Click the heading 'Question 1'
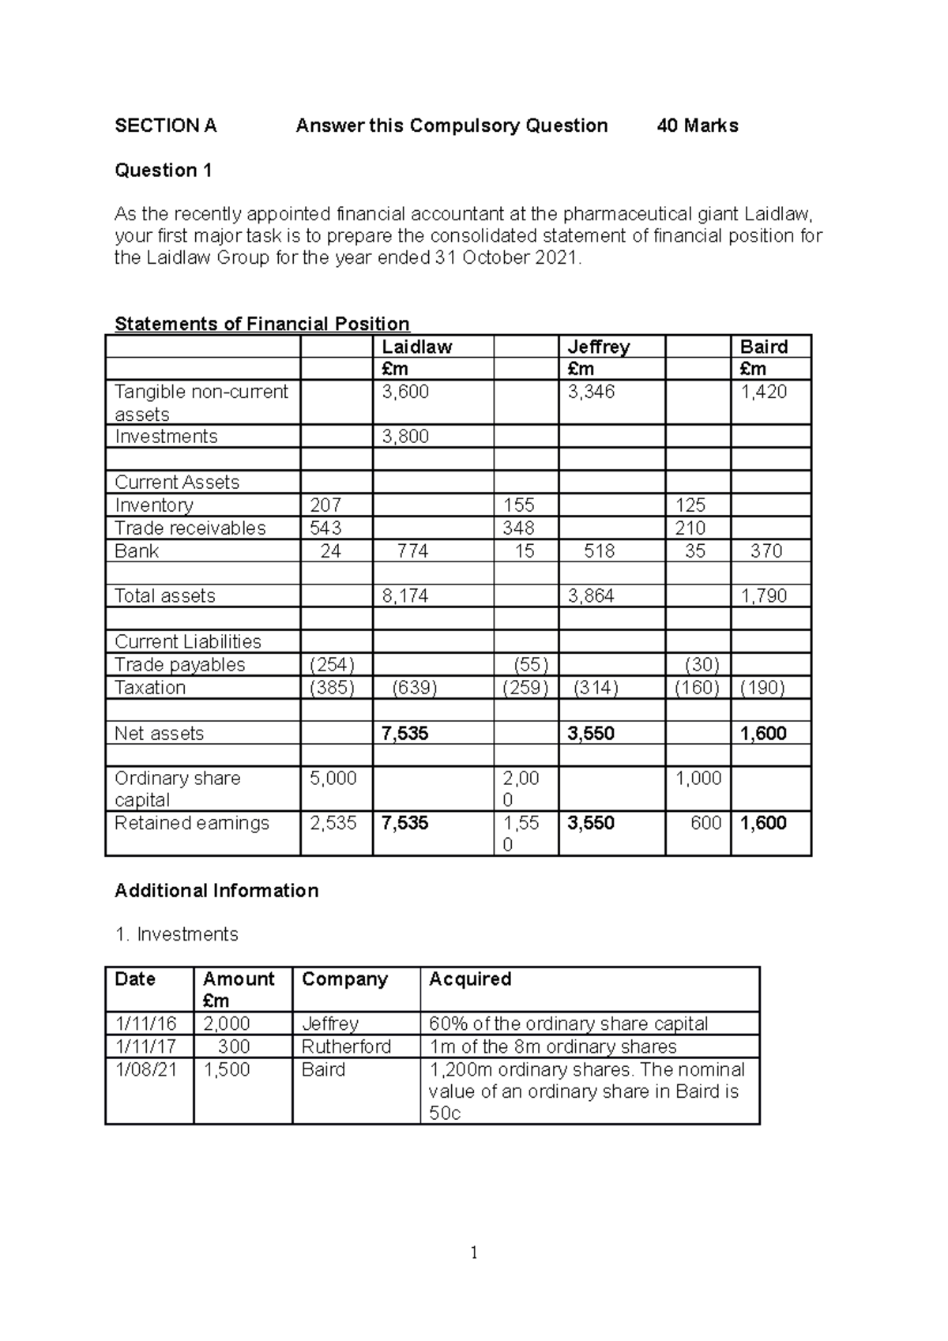tap(163, 171)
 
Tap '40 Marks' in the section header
tap(698, 126)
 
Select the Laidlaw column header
tap(416, 347)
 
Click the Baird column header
tap(763, 347)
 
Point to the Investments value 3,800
tap(405, 437)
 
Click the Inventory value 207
tap(326, 505)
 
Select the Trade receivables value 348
tap(518, 528)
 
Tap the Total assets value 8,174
tap(405, 596)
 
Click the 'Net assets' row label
tap(159, 734)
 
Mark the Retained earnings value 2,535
tap(333, 824)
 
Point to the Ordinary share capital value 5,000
tap(333, 779)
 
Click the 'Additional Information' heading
tap(216, 891)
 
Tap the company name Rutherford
tap(346, 1047)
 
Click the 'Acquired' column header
tap(469, 979)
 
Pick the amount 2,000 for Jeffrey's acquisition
tap(226, 1024)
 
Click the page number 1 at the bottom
tap(473, 1253)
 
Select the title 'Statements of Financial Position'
tap(261, 324)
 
